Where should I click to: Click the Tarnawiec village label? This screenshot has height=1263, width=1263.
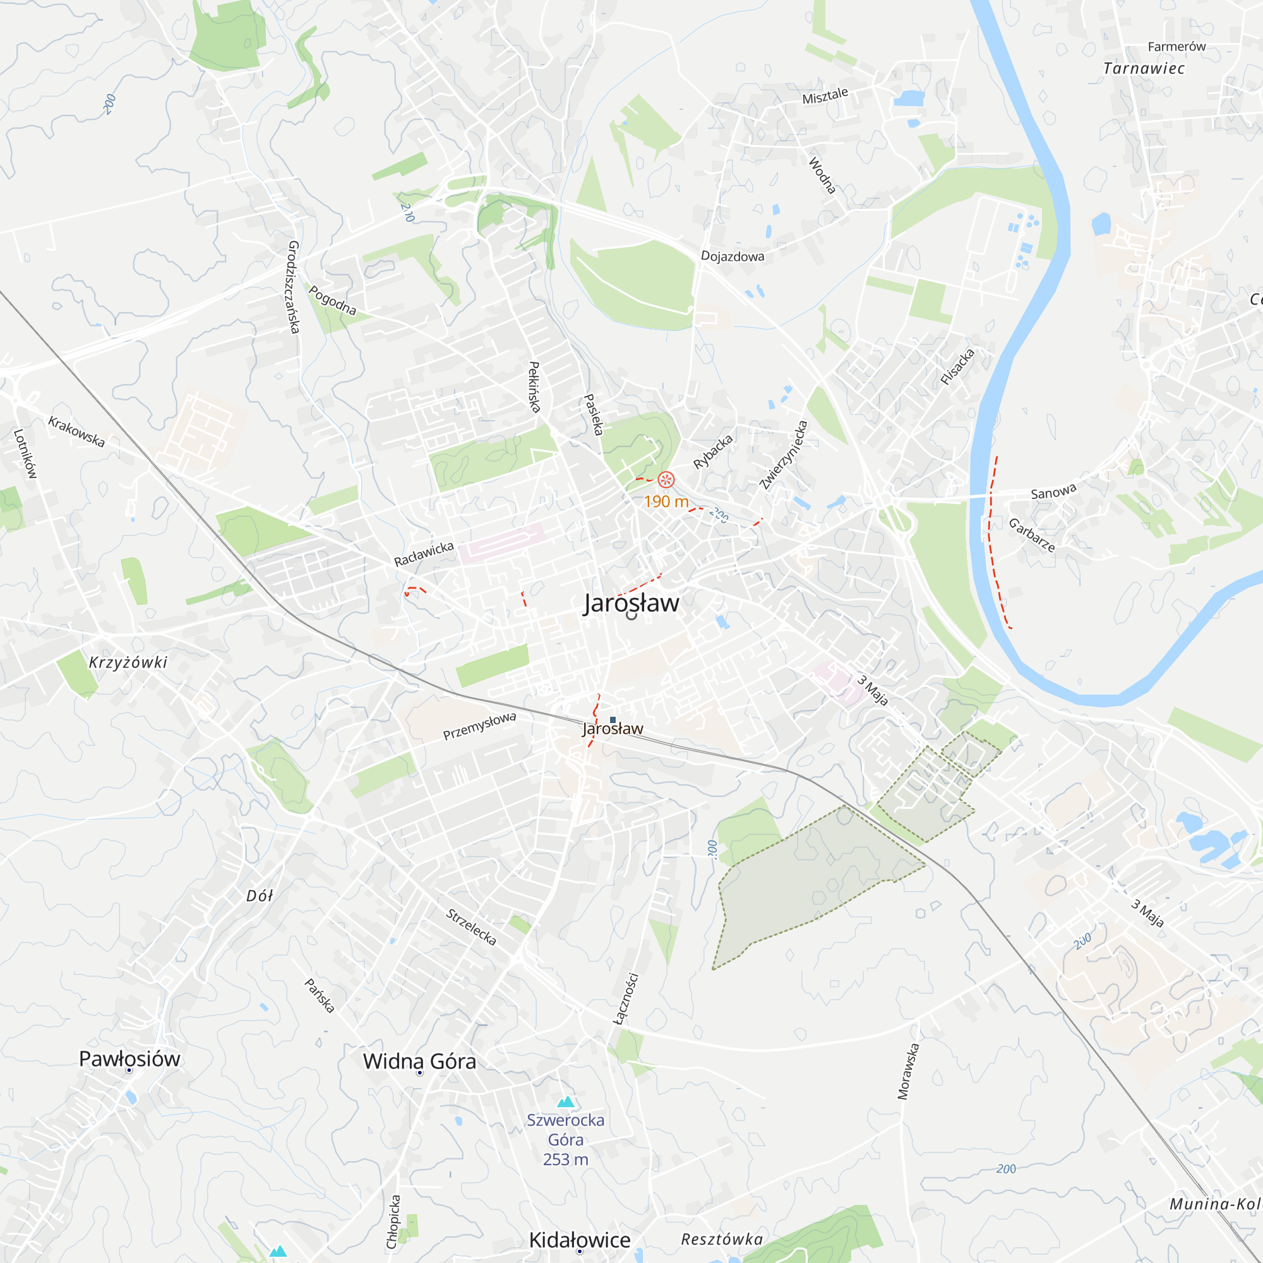(1144, 69)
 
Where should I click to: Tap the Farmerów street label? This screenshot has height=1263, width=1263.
(1176, 46)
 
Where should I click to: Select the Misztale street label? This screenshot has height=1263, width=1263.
(825, 96)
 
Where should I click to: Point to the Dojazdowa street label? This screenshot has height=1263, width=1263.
(732, 256)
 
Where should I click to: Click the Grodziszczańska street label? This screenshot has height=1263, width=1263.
(294, 287)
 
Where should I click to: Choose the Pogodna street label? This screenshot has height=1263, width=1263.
(332, 301)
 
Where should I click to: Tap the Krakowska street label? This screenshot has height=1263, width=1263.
(76, 431)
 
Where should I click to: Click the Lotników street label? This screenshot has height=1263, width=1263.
(25, 453)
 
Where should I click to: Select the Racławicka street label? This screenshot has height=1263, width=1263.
(424, 554)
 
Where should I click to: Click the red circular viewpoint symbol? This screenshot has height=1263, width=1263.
(666, 480)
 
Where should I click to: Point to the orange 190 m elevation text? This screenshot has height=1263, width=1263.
(666, 501)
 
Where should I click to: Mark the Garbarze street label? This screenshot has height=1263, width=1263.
(1032, 535)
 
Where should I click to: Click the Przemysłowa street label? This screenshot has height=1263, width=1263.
(479, 726)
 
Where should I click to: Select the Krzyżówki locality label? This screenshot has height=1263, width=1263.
(128, 662)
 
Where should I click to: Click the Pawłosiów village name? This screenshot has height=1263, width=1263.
(129, 1058)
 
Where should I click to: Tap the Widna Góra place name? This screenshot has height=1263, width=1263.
(420, 1061)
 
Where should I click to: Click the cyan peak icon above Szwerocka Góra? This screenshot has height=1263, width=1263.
(565, 1101)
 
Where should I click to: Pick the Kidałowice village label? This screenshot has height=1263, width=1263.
(580, 1240)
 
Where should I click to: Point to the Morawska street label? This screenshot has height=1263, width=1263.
(908, 1071)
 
